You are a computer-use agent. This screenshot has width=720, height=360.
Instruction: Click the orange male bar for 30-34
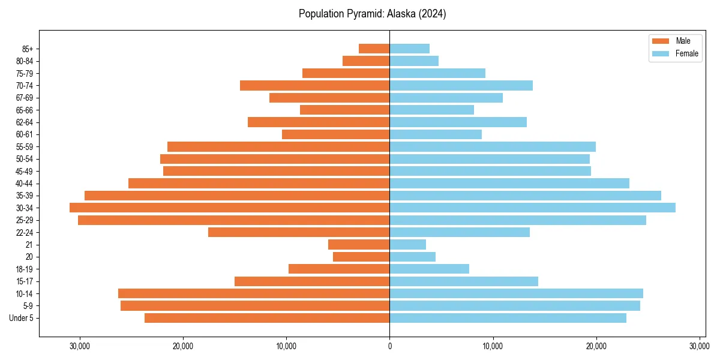229,208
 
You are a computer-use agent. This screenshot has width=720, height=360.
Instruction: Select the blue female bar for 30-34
532,208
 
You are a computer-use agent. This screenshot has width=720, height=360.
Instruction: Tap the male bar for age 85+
374,49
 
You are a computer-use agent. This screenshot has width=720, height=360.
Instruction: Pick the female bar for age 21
407,244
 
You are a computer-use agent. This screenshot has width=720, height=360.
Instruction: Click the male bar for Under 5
267,318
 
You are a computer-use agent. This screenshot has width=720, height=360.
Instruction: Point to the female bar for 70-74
461,85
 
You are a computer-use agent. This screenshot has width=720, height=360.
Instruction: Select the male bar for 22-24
299,232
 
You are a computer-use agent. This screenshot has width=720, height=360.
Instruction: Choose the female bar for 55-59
493,146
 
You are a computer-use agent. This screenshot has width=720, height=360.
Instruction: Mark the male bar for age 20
361,257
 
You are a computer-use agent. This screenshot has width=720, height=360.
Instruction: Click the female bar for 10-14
516,293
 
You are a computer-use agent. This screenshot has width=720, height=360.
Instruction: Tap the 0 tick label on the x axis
389,346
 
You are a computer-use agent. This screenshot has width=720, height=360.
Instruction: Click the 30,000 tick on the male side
79,346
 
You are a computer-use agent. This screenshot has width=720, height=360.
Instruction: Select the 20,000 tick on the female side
596,346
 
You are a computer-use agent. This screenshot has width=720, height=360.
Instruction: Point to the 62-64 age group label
24,122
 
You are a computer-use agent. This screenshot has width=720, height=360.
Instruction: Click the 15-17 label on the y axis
24,281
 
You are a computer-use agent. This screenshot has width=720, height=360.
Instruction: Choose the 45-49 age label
24,171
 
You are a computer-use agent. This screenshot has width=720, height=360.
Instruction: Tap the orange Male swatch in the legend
660,41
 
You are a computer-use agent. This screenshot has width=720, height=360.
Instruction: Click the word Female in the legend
687,53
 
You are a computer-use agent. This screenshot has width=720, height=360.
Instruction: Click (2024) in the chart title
433,14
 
